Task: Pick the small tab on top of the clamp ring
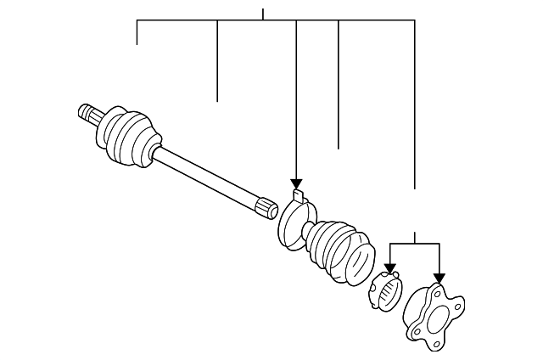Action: [297, 197]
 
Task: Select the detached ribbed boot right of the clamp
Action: [339, 251]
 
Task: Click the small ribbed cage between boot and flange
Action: [386, 293]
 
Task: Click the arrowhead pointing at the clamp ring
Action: [296, 184]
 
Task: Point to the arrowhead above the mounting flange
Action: [439, 278]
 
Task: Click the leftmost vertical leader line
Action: [137, 32]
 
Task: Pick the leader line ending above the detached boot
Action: [339, 85]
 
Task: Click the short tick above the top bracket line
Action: [263, 14]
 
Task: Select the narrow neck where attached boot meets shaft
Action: [156, 153]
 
